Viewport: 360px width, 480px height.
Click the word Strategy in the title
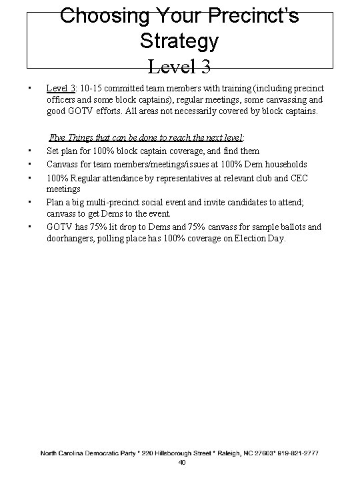(179, 41)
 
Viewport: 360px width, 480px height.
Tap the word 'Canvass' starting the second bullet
(63, 164)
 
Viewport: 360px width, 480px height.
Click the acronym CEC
(300, 176)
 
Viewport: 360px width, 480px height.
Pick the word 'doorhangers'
(73, 238)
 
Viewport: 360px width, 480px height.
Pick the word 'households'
(285, 164)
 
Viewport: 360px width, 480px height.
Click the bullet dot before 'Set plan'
(31, 151)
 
